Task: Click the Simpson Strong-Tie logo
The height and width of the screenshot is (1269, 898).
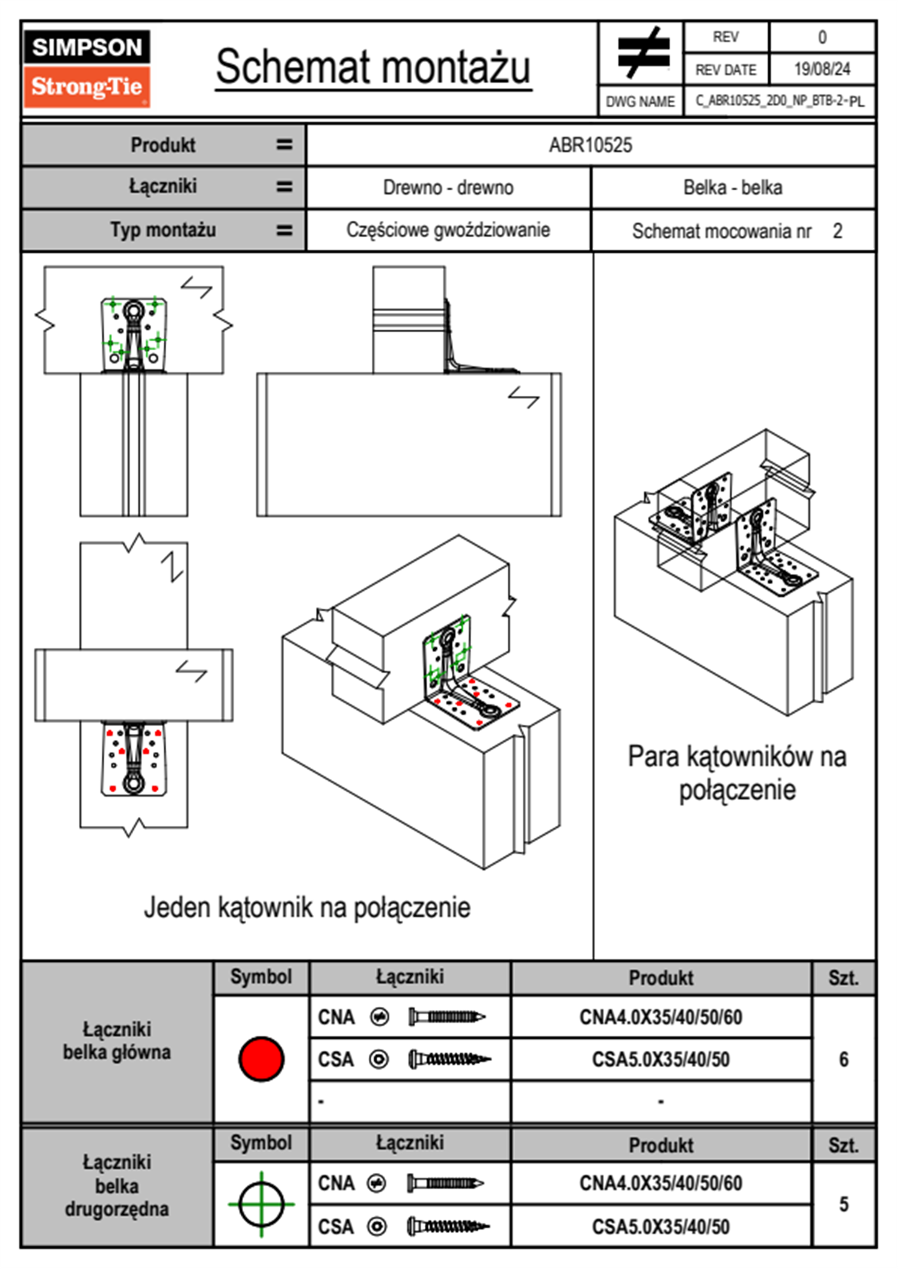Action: [86, 69]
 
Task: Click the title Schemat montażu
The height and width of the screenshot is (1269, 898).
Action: [373, 67]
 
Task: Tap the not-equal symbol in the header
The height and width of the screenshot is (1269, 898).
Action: [642, 53]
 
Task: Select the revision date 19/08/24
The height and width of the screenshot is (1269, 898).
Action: [822, 69]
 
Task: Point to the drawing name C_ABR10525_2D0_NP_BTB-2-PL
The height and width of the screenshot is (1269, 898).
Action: [780, 101]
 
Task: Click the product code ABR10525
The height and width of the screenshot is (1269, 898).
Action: [590, 146]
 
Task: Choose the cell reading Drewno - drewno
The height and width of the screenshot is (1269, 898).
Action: [448, 188]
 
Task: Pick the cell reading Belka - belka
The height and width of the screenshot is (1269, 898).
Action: [733, 188]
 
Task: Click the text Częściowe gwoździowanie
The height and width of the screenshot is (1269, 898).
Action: [448, 230]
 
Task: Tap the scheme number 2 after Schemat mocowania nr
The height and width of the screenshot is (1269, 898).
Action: [838, 231]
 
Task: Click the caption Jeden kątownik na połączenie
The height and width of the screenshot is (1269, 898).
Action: [307, 908]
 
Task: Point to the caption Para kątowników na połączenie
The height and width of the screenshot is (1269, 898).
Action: [737, 773]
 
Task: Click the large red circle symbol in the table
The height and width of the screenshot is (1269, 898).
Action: [261, 1059]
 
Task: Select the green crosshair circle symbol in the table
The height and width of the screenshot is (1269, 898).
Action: [261, 1204]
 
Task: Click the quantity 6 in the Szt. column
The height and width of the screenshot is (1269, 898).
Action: [844, 1059]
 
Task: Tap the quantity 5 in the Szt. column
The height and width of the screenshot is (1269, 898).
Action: [844, 1204]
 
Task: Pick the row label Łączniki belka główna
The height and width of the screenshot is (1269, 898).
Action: [117, 1041]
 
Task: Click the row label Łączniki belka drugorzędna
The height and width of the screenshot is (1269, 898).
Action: [117, 1185]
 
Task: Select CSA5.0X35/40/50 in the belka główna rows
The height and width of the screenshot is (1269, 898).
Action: [660, 1060]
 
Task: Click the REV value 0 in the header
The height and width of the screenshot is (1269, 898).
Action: [822, 37]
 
